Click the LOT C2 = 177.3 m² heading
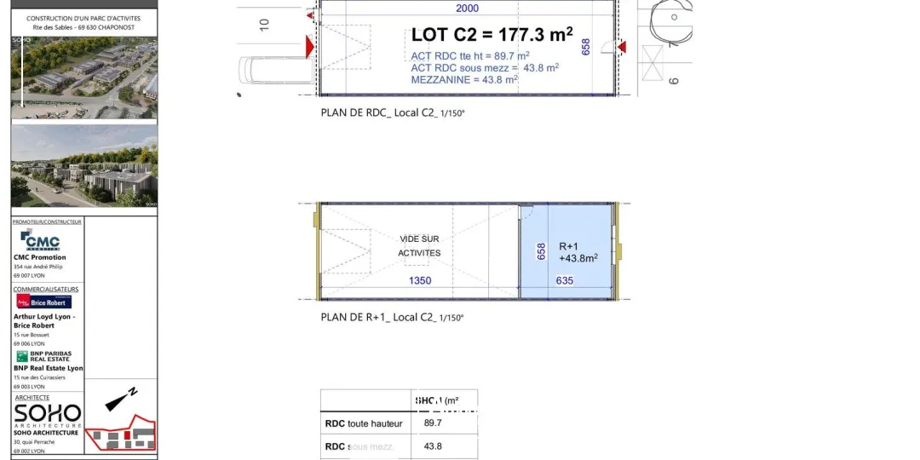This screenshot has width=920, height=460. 492,35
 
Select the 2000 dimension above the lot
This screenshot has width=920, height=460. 467,9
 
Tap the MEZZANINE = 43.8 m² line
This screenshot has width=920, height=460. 464,79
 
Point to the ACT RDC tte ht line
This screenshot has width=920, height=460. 470,55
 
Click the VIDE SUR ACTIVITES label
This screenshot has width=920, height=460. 419,246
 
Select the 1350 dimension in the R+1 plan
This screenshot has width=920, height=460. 420,280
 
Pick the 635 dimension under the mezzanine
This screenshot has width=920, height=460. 565,280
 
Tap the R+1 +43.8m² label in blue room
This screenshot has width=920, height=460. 578,251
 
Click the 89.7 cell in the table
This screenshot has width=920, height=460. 433,423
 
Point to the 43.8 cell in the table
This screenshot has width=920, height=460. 433,446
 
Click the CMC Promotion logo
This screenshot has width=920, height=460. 40,240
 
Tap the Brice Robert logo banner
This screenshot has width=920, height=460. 43,302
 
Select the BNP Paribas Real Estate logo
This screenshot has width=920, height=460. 43,356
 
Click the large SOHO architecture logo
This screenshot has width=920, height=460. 48,415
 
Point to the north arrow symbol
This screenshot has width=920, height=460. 123,399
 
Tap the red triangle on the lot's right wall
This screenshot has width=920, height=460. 622,46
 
